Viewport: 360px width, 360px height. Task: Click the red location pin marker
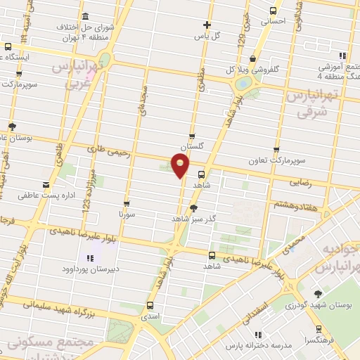[181, 165]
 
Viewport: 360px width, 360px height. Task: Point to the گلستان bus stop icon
[192, 136]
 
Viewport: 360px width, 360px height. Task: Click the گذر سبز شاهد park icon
[194, 207]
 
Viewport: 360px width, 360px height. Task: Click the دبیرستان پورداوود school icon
[90, 257]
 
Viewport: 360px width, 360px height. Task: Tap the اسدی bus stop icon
[150, 305]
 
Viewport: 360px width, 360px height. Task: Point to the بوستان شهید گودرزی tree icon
[317, 293]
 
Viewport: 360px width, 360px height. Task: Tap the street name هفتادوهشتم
[292, 204]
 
